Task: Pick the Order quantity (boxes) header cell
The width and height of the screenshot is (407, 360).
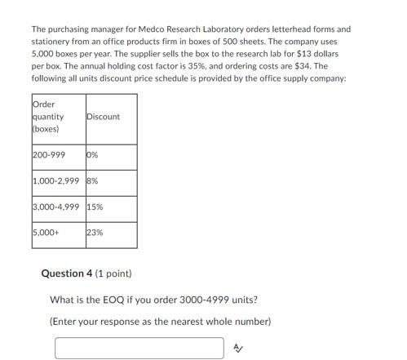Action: tap(56, 117)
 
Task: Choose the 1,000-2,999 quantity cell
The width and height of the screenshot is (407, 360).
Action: tap(56, 181)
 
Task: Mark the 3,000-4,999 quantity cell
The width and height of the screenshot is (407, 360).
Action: tap(56, 207)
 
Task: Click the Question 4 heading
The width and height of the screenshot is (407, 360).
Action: tap(73, 273)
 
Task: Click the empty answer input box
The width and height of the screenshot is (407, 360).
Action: tap(139, 348)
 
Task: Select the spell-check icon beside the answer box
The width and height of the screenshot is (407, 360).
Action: tap(237, 348)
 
